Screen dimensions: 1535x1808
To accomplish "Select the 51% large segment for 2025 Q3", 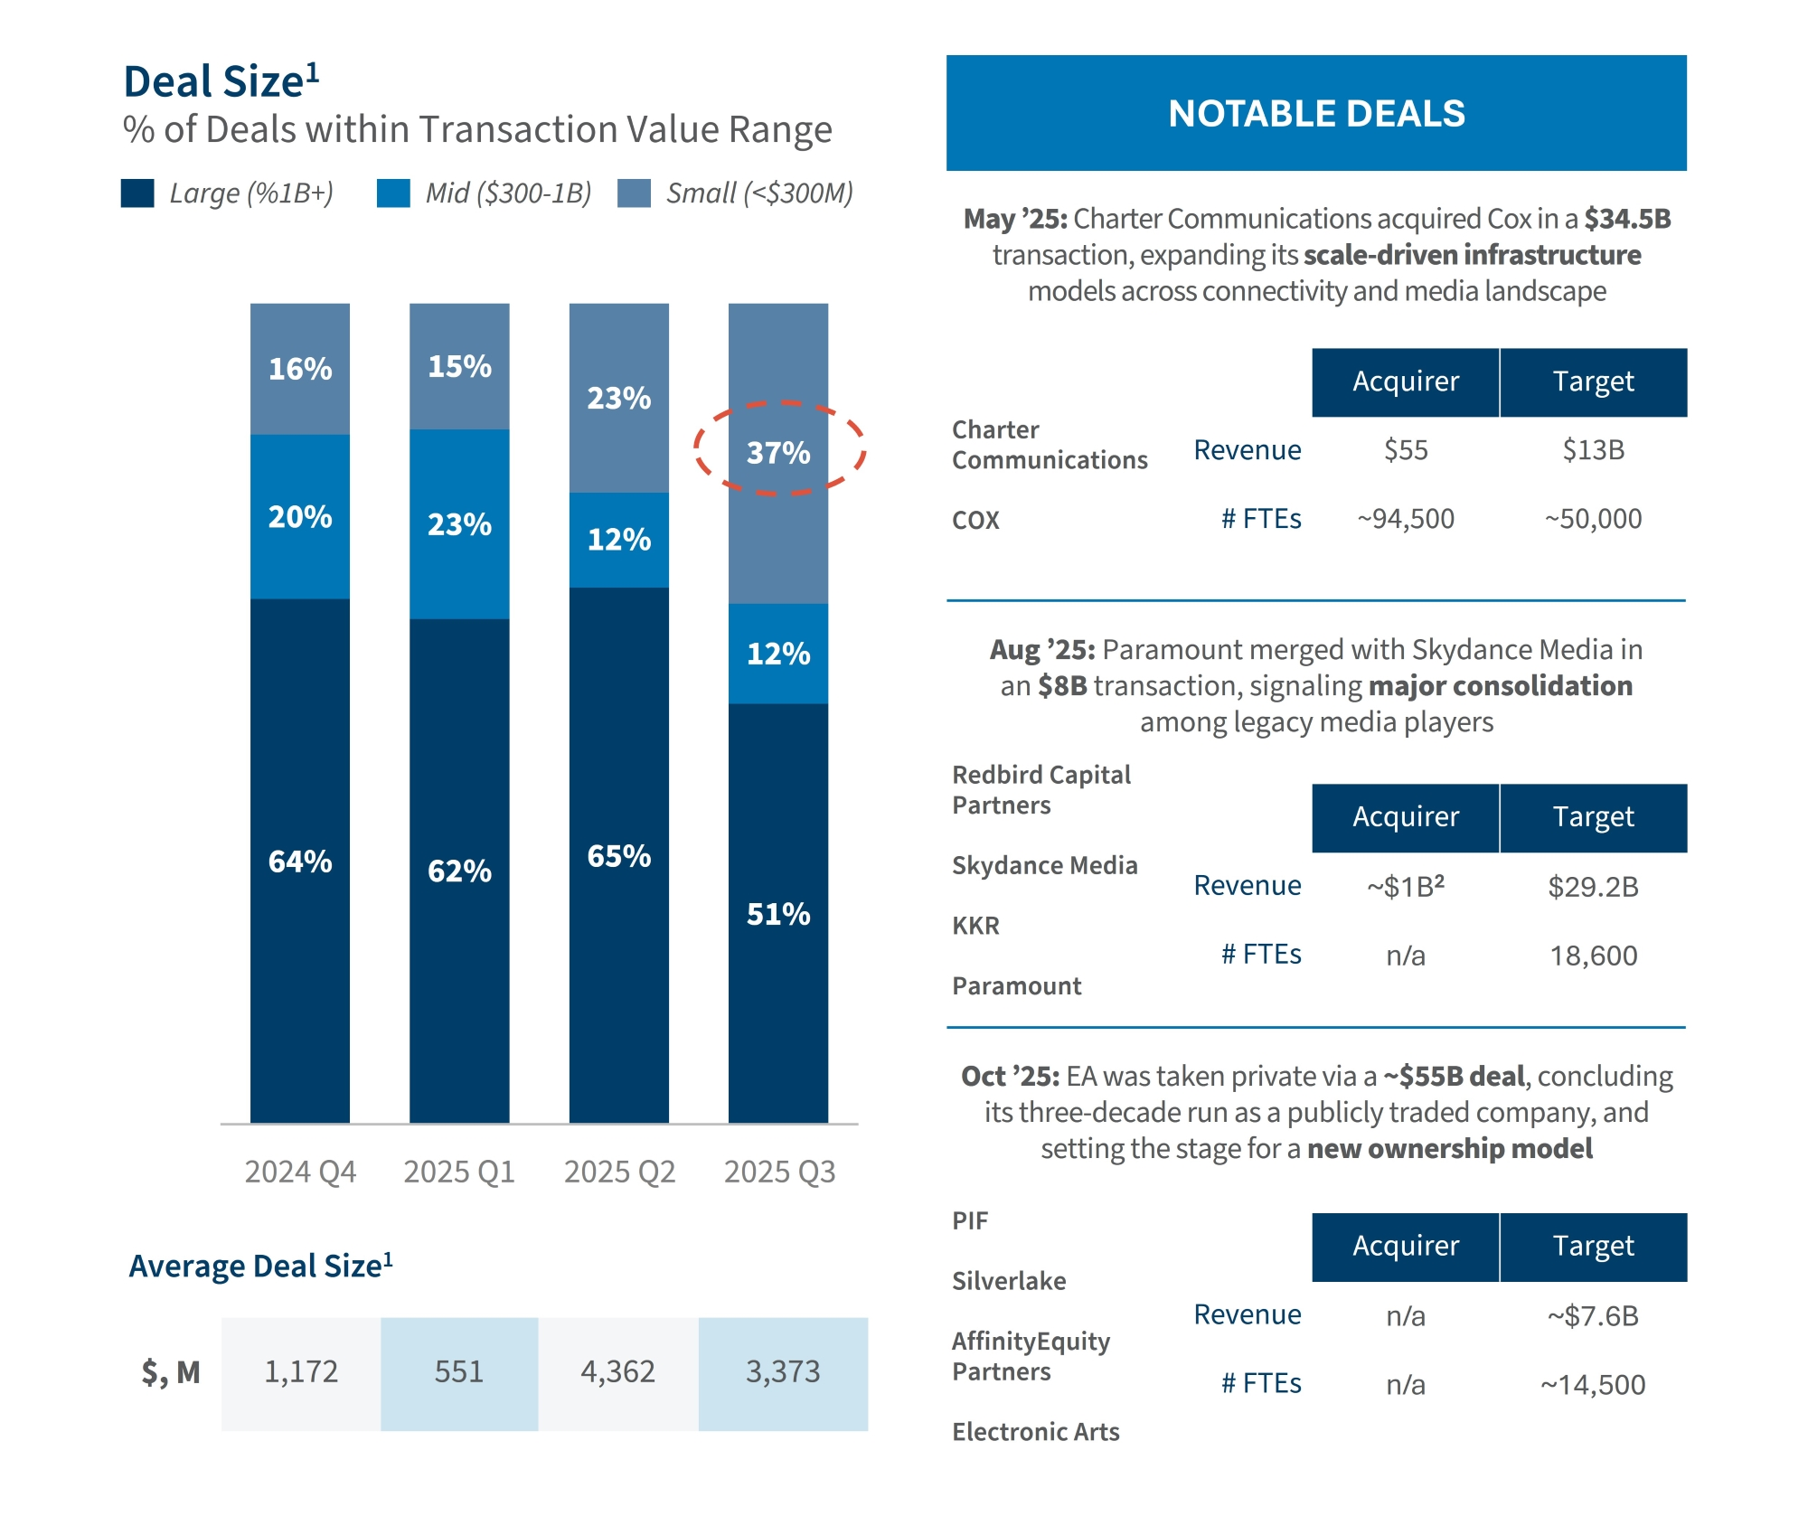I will pyautogui.click(x=778, y=913).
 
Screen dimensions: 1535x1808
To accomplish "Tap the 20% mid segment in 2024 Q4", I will pyautogui.click(x=300, y=516).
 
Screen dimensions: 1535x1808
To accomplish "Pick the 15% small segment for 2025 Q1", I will pyautogui.click(x=459, y=366).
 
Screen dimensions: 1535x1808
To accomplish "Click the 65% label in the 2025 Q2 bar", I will pyautogui.click(x=619, y=855).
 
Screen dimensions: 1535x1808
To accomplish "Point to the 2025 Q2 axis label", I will pyautogui.click(x=620, y=1172).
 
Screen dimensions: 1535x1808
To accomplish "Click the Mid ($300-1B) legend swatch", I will pyautogui.click(x=393, y=193).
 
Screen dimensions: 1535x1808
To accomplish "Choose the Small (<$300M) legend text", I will pyautogui.click(x=759, y=193).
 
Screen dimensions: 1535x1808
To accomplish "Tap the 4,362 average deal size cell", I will pyautogui.click(x=618, y=1372).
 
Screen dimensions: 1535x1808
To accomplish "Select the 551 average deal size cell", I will pyautogui.click(x=459, y=1372).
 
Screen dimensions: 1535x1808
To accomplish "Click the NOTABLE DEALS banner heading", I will pyautogui.click(x=1316, y=114).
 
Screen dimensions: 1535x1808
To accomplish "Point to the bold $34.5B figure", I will pyautogui.click(x=1627, y=219).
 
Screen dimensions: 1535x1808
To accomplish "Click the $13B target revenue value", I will pyautogui.click(x=1593, y=450).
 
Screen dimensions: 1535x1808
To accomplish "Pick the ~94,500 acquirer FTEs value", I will pyautogui.click(x=1406, y=519).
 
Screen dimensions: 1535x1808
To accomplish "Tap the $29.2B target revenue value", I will pyautogui.click(x=1593, y=887).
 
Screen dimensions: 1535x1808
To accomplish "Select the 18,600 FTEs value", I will pyautogui.click(x=1593, y=956).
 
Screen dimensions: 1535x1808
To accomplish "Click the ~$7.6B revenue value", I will pyautogui.click(x=1593, y=1316).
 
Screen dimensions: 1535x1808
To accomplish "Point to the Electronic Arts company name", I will pyautogui.click(x=1036, y=1432).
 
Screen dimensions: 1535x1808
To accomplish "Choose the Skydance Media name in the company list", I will pyautogui.click(x=1045, y=865).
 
